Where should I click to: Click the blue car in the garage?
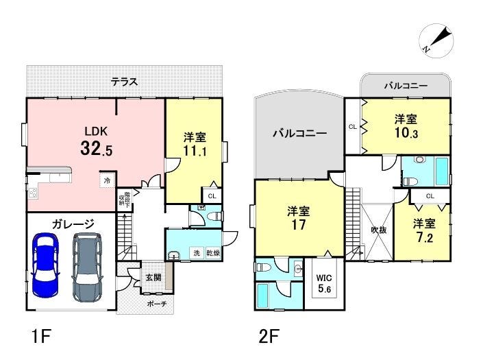click(x=45, y=265)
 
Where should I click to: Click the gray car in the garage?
click(x=88, y=267)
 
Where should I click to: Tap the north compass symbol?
click(x=436, y=40)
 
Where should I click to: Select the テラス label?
click(x=124, y=82)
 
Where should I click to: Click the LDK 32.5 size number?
click(x=97, y=148)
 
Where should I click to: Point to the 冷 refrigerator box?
click(x=107, y=180)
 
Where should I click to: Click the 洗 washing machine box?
click(x=197, y=253)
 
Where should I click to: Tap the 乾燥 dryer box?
click(x=213, y=253)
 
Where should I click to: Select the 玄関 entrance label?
click(x=153, y=278)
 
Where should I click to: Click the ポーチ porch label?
click(x=157, y=304)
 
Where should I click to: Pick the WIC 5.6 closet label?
click(x=324, y=283)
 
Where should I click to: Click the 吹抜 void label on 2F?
click(x=378, y=230)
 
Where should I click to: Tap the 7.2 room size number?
click(x=425, y=238)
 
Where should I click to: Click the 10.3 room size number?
click(x=406, y=133)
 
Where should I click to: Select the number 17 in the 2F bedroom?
click(x=299, y=225)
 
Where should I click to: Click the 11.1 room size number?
click(x=195, y=151)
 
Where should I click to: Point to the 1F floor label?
click(x=41, y=336)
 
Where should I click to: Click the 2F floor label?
click(x=269, y=336)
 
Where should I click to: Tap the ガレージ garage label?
click(x=73, y=224)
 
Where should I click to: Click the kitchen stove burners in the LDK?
click(x=32, y=193)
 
